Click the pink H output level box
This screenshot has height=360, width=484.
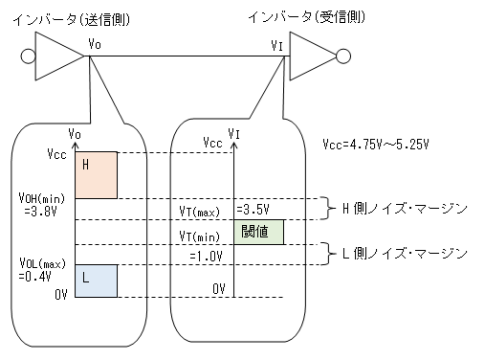click(x=96, y=175)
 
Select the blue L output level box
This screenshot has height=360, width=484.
click(x=96, y=281)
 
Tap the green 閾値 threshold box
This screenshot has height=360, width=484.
click(x=258, y=232)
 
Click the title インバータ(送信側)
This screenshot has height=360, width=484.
click(x=72, y=20)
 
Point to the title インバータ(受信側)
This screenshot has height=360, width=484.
click(x=306, y=17)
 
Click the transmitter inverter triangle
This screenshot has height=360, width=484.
click(x=59, y=56)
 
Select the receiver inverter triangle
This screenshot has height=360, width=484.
click(x=313, y=56)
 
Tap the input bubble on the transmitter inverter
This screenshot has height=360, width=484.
click(x=28, y=56)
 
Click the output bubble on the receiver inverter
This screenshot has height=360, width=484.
click(x=343, y=56)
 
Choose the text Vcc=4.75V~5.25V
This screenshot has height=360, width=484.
click(x=376, y=145)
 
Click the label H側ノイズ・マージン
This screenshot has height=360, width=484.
click(x=405, y=209)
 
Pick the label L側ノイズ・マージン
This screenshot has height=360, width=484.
click(x=405, y=254)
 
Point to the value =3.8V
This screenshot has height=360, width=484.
click(x=40, y=212)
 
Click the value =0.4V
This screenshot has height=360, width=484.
click(x=34, y=276)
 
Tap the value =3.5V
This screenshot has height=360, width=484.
click(x=253, y=210)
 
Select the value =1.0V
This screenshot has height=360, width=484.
click(x=206, y=256)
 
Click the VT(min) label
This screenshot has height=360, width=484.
click(x=200, y=236)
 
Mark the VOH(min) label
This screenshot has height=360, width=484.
click(x=42, y=198)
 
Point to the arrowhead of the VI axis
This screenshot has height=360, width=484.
click(x=234, y=146)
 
